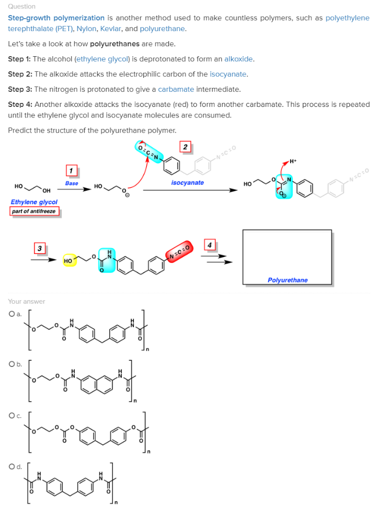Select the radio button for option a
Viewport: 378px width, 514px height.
11,314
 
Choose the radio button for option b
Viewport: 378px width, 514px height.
11,364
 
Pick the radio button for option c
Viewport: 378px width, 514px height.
11,416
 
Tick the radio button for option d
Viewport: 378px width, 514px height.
11,467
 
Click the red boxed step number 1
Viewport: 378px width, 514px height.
72,171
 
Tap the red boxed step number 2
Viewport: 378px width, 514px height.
185,147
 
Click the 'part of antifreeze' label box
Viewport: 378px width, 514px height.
34,211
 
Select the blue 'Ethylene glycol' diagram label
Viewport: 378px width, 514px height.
34,202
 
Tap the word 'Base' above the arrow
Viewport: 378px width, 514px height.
72,184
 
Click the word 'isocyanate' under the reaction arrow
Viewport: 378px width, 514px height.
187,183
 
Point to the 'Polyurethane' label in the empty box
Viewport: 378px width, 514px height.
288,280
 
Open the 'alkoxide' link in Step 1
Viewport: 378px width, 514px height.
239,59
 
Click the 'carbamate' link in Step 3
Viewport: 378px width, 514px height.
176,89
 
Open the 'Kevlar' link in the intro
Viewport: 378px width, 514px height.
111,29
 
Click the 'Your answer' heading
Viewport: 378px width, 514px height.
27,302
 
